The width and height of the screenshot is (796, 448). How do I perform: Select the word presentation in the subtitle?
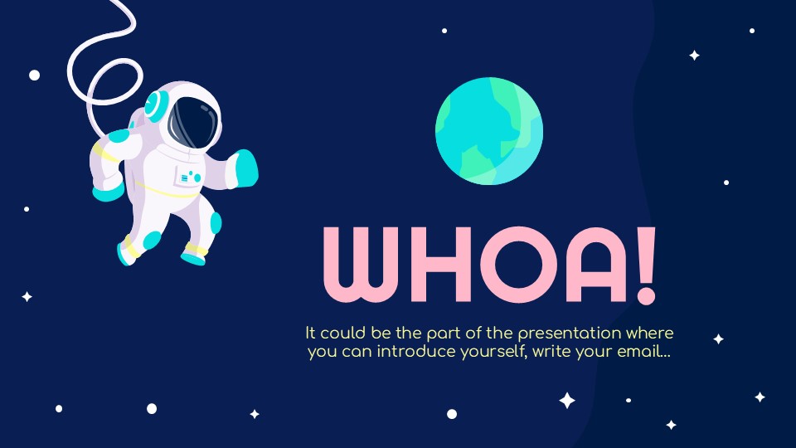tap(571, 334)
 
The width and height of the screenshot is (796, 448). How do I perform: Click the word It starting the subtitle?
tap(311, 334)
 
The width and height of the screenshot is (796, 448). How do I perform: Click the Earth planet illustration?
tap(489, 130)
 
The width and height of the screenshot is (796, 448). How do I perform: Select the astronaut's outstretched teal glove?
tap(245, 168)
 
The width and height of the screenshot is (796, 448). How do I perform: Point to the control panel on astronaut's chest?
tap(190, 176)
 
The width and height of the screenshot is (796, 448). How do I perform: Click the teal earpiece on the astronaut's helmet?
tap(155, 106)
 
